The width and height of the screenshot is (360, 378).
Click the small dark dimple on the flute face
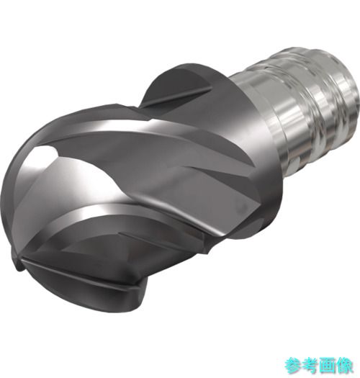(x=243, y=207)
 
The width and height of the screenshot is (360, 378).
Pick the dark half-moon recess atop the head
(x=179, y=84)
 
